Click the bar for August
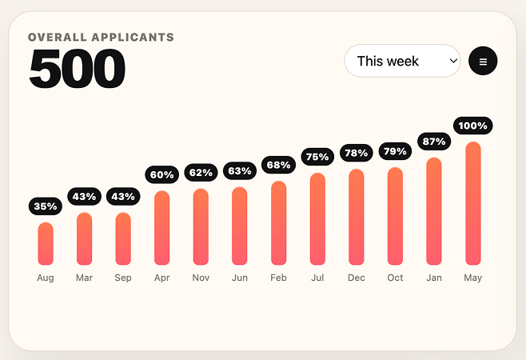click(46, 243)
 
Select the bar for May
click(473, 203)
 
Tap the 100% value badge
click(473, 126)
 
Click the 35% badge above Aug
click(46, 206)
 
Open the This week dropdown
click(402, 61)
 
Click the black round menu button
click(483, 61)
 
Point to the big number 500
click(78, 69)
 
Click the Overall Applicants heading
click(101, 37)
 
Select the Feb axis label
click(278, 278)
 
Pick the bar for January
click(434, 211)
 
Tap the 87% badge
click(434, 142)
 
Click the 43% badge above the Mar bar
click(84, 197)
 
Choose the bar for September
click(123, 238)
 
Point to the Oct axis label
click(395, 278)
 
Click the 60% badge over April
click(162, 174)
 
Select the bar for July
click(317, 218)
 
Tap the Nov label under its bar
click(201, 278)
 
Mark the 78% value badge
click(357, 153)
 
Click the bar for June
click(240, 226)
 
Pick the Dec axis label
click(357, 278)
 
